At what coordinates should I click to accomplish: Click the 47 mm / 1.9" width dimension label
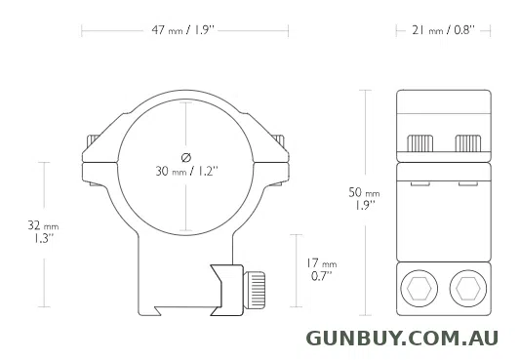pyautogui.click(x=183, y=30)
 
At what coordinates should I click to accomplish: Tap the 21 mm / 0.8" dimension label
pyautogui.click(x=444, y=30)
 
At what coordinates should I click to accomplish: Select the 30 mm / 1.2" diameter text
pyautogui.click(x=187, y=172)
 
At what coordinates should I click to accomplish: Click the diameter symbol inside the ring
pyautogui.click(x=186, y=157)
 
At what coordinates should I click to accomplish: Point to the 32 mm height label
pyautogui.click(x=43, y=231)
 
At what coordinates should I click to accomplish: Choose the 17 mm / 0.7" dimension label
pyautogui.click(x=321, y=269)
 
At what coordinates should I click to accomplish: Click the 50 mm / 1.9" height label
pyautogui.click(x=364, y=198)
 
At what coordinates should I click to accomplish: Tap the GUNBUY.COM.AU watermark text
pyautogui.click(x=402, y=339)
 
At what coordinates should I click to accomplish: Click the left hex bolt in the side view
pyautogui.click(x=419, y=289)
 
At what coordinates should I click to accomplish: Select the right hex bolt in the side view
pyautogui.click(x=467, y=289)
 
